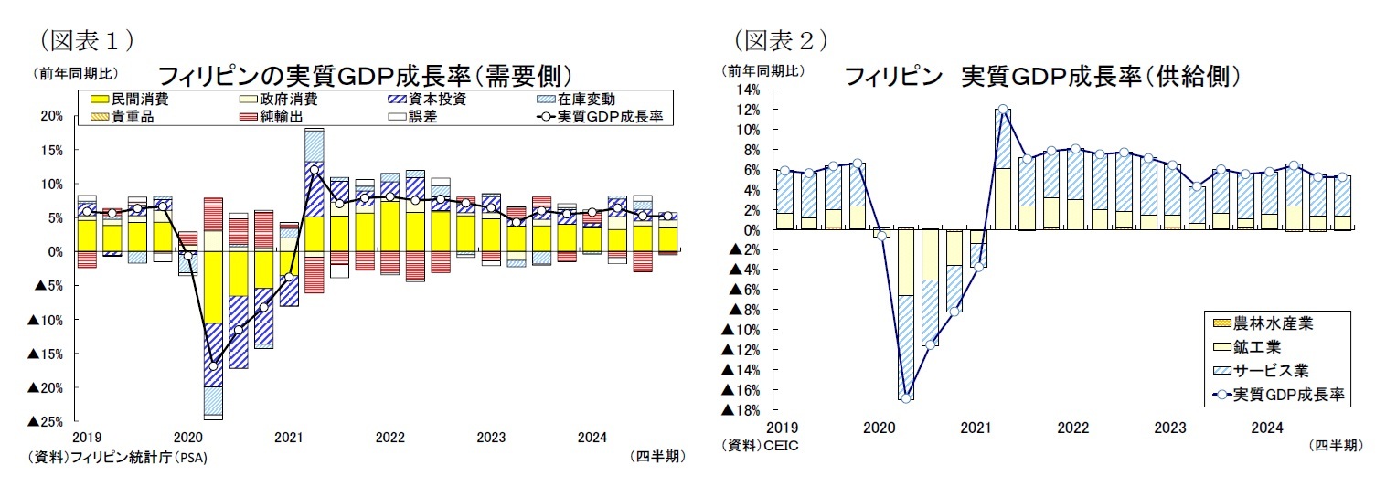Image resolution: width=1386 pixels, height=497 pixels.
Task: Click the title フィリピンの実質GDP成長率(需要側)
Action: click(366, 75)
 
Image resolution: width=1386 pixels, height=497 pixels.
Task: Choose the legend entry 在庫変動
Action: click(585, 100)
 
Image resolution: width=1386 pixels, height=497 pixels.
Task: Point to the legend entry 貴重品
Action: click(132, 117)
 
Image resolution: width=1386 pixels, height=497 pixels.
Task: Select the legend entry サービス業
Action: click(1271, 370)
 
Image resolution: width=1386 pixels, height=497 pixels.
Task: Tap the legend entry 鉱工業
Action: click(1257, 346)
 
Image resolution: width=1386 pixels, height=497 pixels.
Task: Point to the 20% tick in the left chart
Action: click(51, 116)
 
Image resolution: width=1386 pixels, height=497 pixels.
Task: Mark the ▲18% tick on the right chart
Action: click(741, 410)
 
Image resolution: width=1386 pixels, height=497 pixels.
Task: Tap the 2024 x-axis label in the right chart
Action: click(1266, 428)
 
